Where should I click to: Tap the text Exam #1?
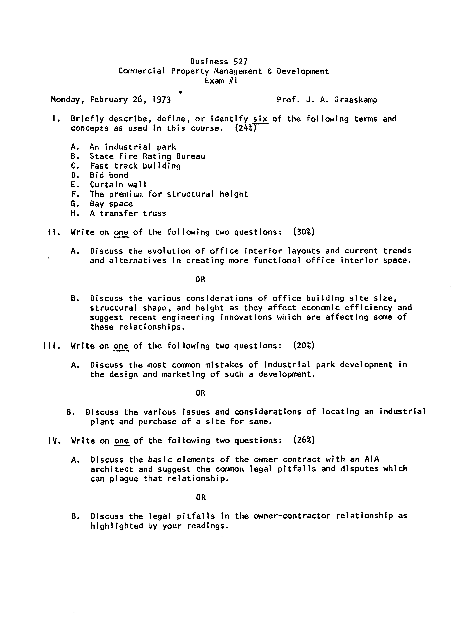(x=221, y=81)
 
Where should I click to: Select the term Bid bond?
(x=109, y=175)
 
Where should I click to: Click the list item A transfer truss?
(x=128, y=213)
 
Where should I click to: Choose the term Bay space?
(x=111, y=204)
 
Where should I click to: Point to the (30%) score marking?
(x=304, y=232)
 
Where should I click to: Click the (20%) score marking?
(x=304, y=345)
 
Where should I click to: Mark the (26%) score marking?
(x=304, y=440)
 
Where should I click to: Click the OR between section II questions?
(x=200, y=279)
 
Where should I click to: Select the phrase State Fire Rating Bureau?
(x=147, y=156)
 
